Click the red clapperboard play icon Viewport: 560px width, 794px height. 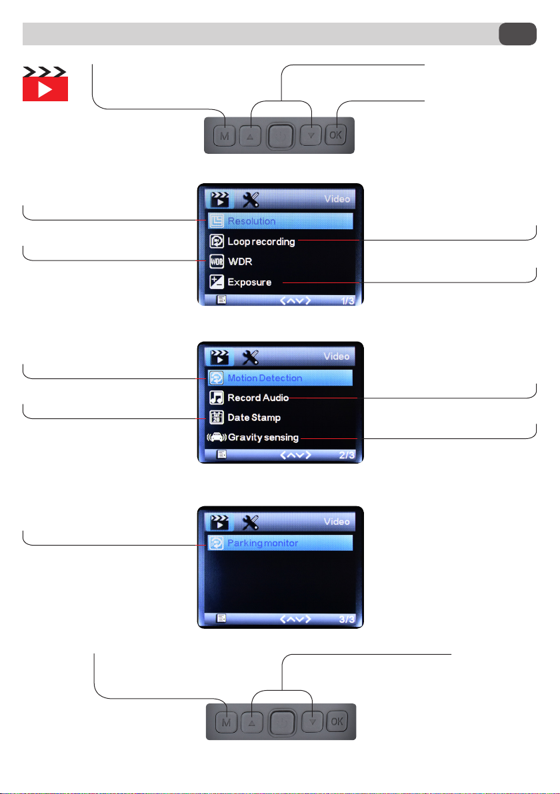pyautogui.click(x=45, y=83)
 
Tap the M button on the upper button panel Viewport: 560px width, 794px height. pyautogui.click(x=225, y=136)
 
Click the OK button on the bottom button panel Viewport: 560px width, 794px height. pyautogui.click(x=337, y=721)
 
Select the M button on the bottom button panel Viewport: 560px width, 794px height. pyautogui.click(x=226, y=723)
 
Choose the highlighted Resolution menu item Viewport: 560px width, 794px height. pyautogui.click(x=280, y=220)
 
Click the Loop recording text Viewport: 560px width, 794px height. pyautogui.click(x=261, y=242)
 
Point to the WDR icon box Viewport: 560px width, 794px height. pyautogui.click(x=217, y=261)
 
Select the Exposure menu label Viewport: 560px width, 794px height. pyautogui.click(x=249, y=282)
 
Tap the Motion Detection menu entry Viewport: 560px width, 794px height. pyautogui.click(x=280, y=378)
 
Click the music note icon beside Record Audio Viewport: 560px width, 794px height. pyautogui.click(x=217, y=398)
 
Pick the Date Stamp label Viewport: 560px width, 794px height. pyautogui.click(x=254, y=418)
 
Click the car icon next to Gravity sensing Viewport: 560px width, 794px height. pyautogui.click(x=217, y=437)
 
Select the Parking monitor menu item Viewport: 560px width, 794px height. pyautogui.click(x=280, y=543)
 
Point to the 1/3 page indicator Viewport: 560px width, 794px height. pyautogui.click(x=347, y=301)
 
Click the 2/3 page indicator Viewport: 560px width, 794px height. pyautogui.click(x=347, y=455)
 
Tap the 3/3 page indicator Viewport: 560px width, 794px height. pyautogui.click(x=347, y=619)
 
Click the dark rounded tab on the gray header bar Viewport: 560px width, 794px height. pyautogui.click(x=517, y=34)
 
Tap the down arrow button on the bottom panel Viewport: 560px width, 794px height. pyautogui.click(x=313, y=721)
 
